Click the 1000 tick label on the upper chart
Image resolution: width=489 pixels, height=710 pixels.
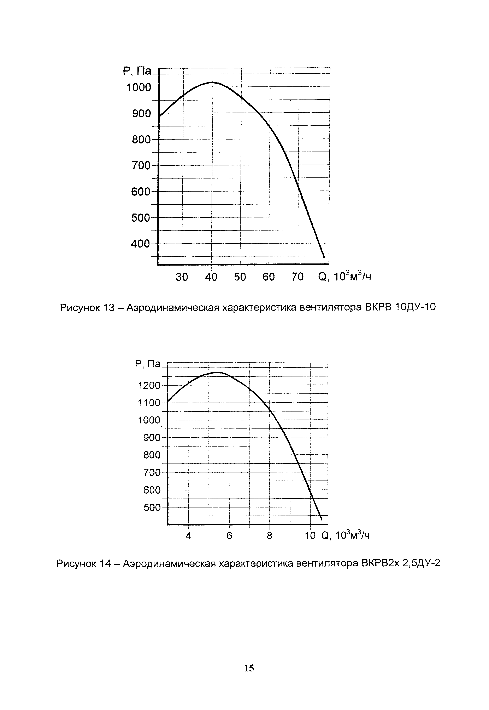(139, 88)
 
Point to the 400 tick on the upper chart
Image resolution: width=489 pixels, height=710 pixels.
(141, 244)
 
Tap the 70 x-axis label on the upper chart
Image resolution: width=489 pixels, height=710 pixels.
(297, 277)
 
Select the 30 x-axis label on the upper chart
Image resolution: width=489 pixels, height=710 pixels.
(182, 277)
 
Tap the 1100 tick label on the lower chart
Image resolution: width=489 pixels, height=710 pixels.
(149, 403)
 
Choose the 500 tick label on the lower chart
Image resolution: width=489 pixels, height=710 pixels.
(152, 508)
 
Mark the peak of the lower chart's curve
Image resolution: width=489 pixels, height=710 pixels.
(218, 373)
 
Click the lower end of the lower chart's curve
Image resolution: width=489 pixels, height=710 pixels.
(321, 520)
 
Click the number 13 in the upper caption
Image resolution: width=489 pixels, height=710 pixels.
(107, 307)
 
